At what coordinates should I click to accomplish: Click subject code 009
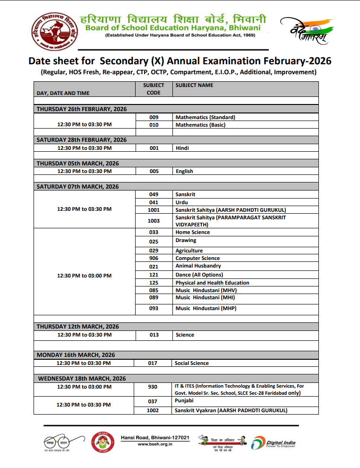(154, 117)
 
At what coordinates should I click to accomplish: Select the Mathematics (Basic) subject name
(200, 125)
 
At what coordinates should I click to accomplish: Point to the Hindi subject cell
(182, 148)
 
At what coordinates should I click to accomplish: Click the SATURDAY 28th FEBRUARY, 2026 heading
(82, 140)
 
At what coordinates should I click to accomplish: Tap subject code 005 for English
(154, 171)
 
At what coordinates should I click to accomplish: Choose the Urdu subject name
(182, 202)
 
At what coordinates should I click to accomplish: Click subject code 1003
(154, 221)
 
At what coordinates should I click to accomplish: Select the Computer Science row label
(197, 258)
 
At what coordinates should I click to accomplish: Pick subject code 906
(154, 258)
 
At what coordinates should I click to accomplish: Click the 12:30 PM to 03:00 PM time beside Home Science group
(85, 276)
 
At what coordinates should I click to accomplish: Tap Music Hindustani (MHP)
(206, 308)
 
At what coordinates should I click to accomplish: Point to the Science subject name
(185, 335)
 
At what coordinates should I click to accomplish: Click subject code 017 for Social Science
(152, 363)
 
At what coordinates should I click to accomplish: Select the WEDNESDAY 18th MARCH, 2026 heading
(82, 379)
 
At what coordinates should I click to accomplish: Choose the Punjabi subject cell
(184, 401)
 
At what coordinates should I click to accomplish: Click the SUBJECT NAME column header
(194, 85)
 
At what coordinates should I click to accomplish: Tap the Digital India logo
(274, 443)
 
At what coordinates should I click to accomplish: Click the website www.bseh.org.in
(155, 444)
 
